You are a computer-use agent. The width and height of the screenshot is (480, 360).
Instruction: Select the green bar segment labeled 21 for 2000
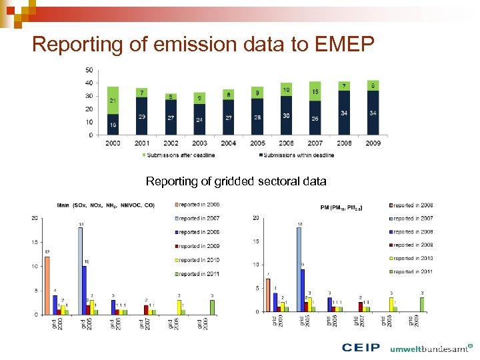pos(113,100)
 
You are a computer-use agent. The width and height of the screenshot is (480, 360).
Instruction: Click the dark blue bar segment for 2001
pos(141,116)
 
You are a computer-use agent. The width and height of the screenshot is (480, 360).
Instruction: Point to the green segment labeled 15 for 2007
pos(315,91)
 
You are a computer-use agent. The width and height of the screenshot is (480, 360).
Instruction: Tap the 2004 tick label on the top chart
pos(229,143)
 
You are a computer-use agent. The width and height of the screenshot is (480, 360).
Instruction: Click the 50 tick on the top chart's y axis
pos(89,70)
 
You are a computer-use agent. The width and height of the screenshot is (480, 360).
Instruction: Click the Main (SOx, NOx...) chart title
pos(105,205)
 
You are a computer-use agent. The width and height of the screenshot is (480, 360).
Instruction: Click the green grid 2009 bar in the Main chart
pos(213,307)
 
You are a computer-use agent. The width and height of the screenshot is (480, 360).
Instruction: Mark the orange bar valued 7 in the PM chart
pos(268,295)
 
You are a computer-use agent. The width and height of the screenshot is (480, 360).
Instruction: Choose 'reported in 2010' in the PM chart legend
pos(413,258)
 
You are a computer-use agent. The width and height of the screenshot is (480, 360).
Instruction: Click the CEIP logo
pos(361,347)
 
